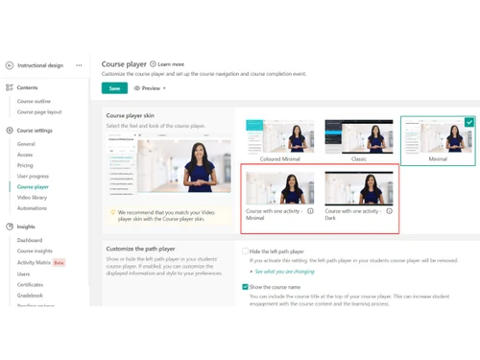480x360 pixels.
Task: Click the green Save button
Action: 114,88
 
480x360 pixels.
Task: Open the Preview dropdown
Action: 150,88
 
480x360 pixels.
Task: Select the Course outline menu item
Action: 34,102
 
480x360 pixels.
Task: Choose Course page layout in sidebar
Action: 38,112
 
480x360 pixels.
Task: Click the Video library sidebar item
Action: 32,198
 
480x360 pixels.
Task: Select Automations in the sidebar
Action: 32,208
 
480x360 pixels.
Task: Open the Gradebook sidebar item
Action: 30,296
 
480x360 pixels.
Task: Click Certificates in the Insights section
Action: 30,285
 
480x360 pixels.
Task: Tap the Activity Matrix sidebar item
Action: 34,263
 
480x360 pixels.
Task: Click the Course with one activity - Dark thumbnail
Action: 358,189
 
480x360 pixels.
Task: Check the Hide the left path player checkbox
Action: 246,252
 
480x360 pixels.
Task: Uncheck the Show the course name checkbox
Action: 246,287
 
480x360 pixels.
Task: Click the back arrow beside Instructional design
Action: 10,65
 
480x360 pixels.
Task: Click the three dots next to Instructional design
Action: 79,65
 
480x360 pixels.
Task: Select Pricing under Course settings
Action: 25,165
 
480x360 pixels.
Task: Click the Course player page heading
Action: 124,64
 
